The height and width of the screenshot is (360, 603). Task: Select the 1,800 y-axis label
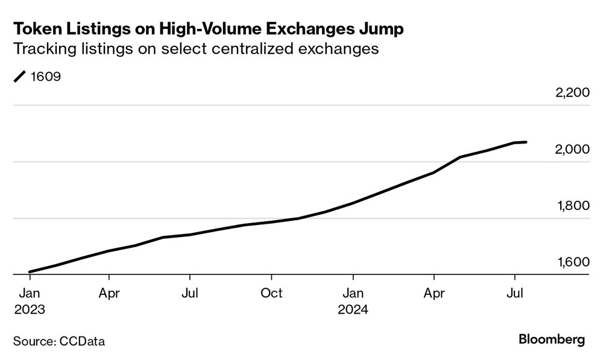(571, 206)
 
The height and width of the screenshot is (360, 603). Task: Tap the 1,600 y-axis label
(571, 262)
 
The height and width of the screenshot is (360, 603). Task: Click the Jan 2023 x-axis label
(30, 300)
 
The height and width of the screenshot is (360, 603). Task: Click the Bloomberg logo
(551, 340)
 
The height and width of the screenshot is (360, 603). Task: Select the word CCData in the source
(82, 341)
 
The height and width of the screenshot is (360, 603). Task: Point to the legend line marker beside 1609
(20, 77)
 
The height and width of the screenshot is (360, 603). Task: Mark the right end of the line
(526, 142)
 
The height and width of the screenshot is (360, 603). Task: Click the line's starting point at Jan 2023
(30, 272)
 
